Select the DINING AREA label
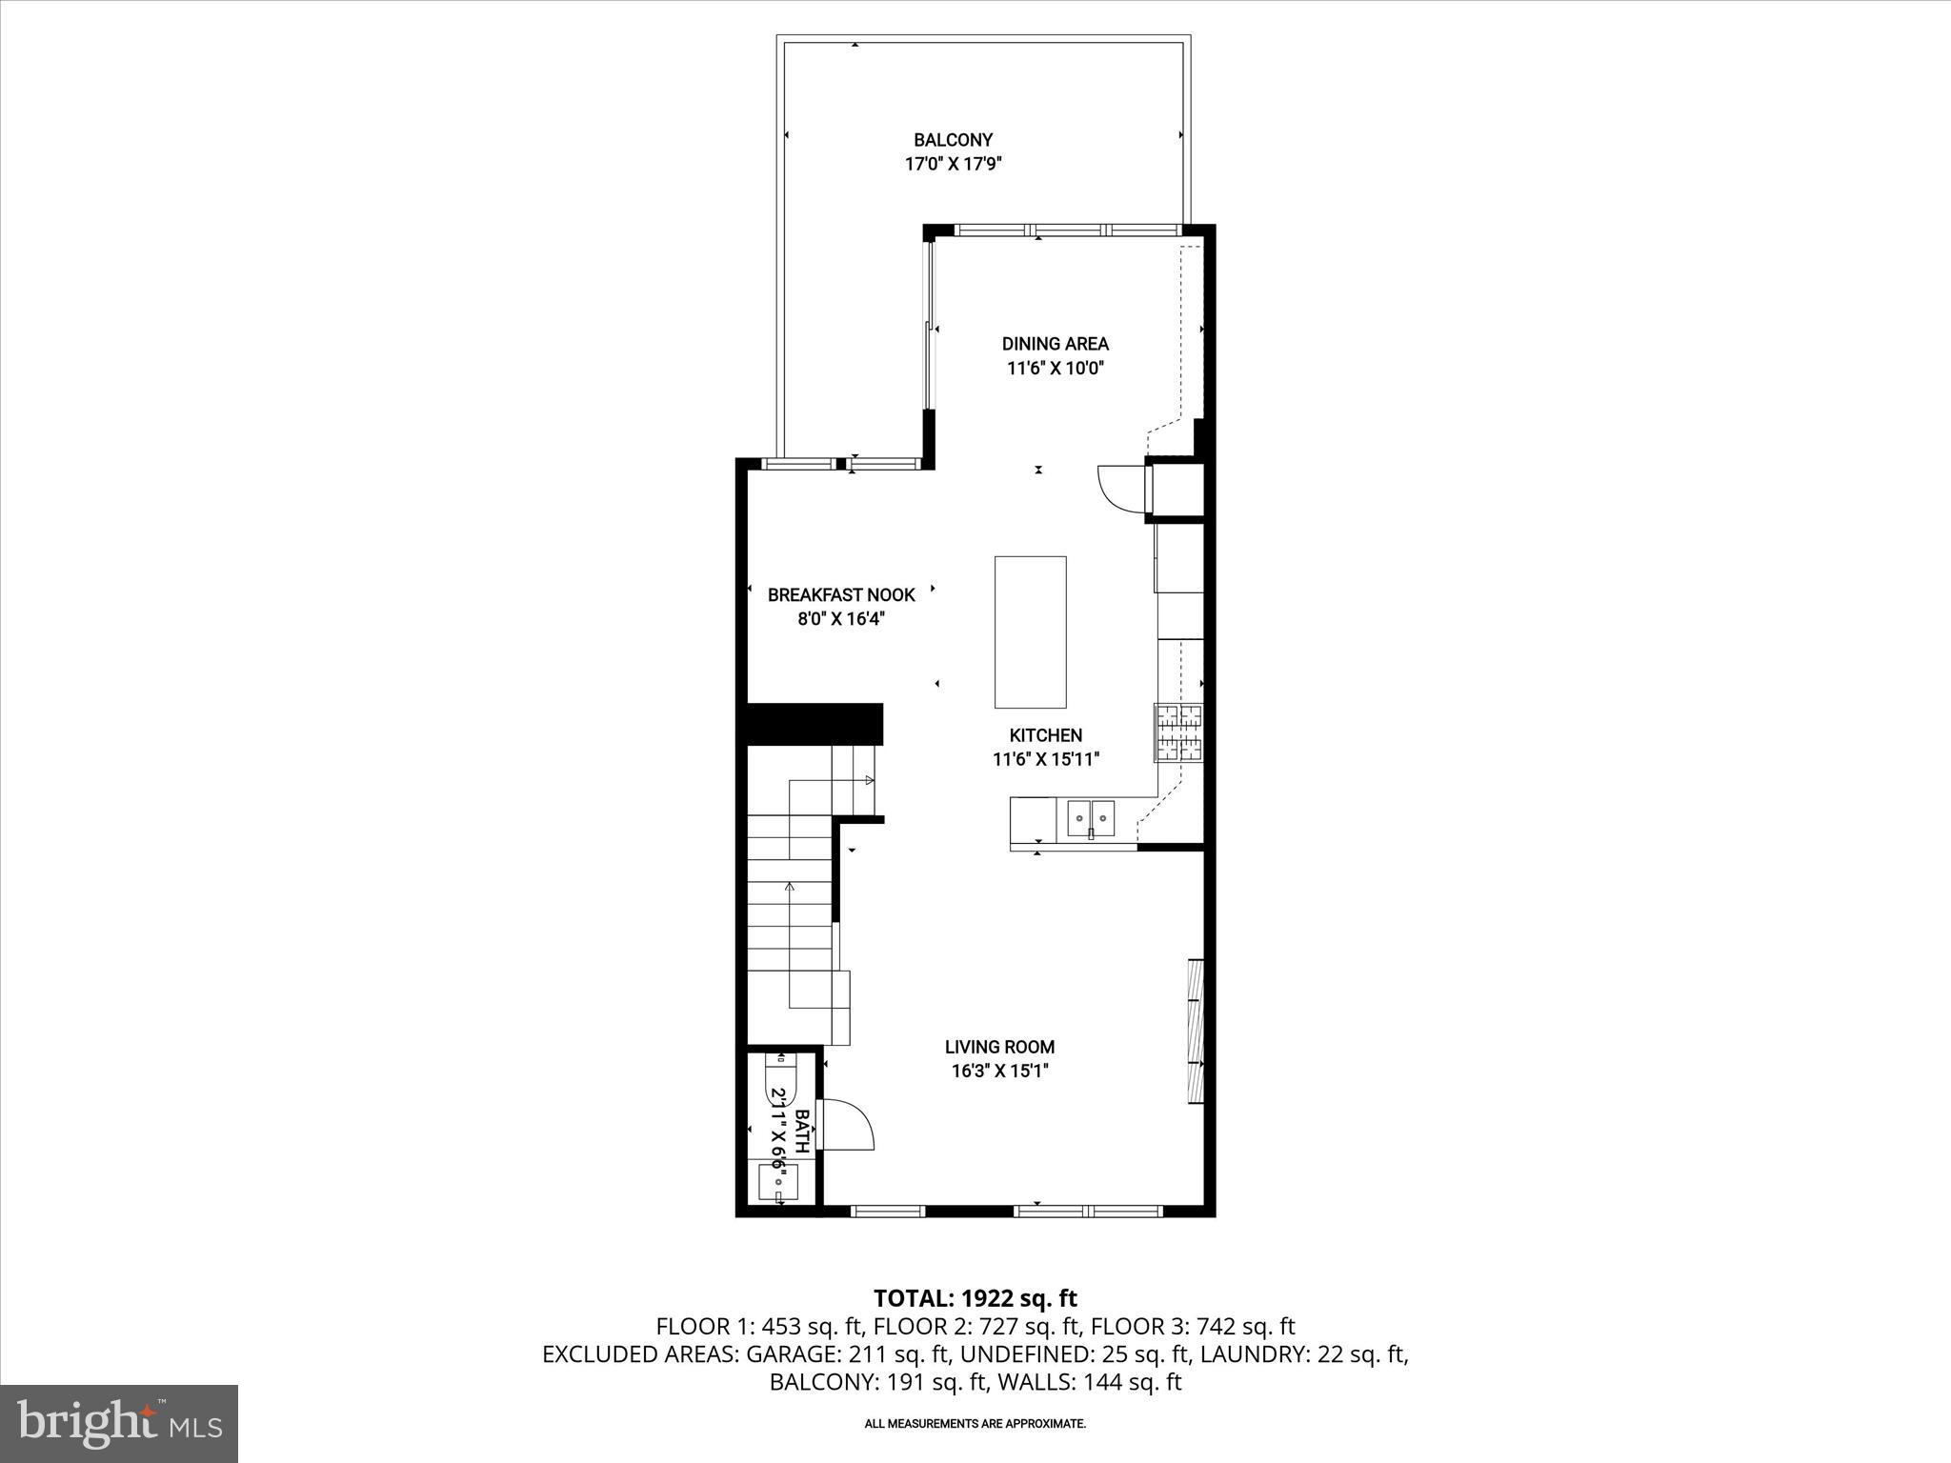click(x=1055, y=344)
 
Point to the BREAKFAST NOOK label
click(x=841, y=595)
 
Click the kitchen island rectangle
click(x=1030, y=632)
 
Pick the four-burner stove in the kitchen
click(x=1179, y=732)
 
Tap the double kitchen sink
click(x=1091, y=816)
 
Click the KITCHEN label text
click(x=1045, y=735)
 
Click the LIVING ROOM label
click(x=999, y=1047)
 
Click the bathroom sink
click(x=778, y=1183)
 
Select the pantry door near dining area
click(x=1122, y=489)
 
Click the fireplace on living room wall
click(x=1197, y=1032)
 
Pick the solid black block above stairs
click(x=815, y=724)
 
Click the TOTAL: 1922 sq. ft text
click(x=975, y=1298)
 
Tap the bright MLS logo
click(x=119, y=1423)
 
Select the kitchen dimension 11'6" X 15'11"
click(x=1045, y=760)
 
